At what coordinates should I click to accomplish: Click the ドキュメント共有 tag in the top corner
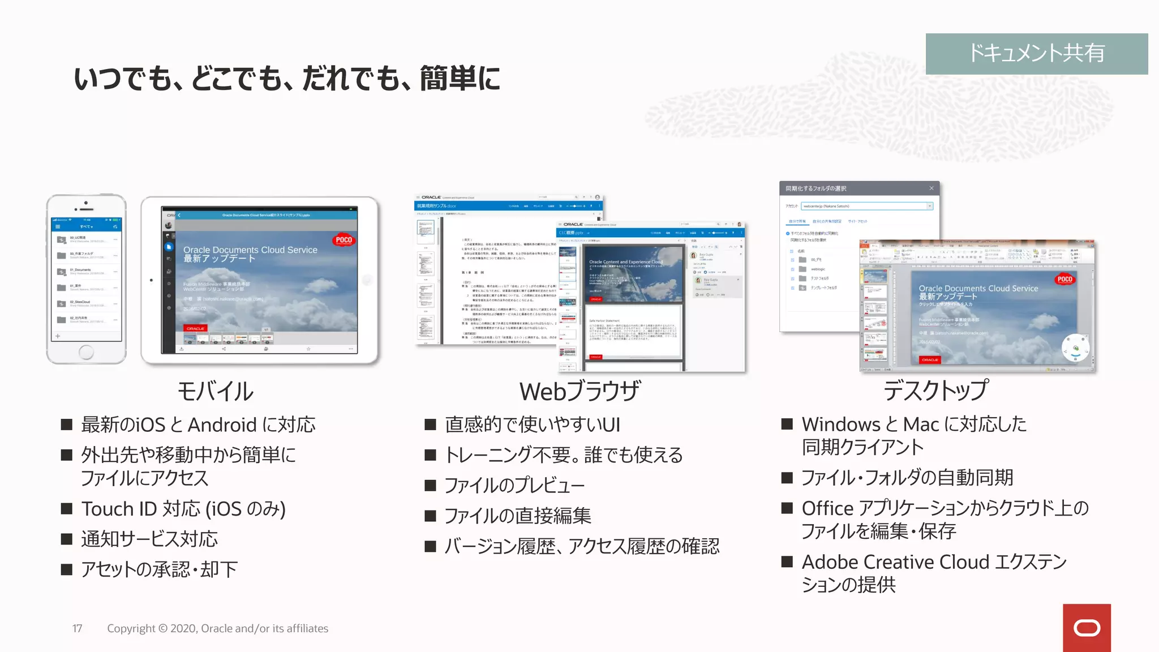tap(1036, 53)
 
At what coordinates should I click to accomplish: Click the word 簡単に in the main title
tap(460, 78)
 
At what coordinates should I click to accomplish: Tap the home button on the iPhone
tap(86, 352)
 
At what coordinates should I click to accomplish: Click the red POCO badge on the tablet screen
tap(344, 240)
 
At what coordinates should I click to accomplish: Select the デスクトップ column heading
tap(936, 391)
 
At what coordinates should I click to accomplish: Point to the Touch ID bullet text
tap(183, 509)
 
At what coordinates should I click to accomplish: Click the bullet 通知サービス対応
tap(149, 539)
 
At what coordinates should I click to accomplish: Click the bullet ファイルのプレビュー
tap(514, 486)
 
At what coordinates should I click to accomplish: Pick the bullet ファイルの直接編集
tap(517, 516)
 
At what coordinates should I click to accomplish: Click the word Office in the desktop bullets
tap(827, 508)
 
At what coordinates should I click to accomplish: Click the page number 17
tap(78, 628)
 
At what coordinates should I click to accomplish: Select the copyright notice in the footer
tap(217, 628)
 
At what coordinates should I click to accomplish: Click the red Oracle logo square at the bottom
tap(1087, 628)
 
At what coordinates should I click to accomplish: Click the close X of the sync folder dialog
tap(932, 188)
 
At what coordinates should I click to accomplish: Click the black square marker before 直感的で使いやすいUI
tap(431, 424)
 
